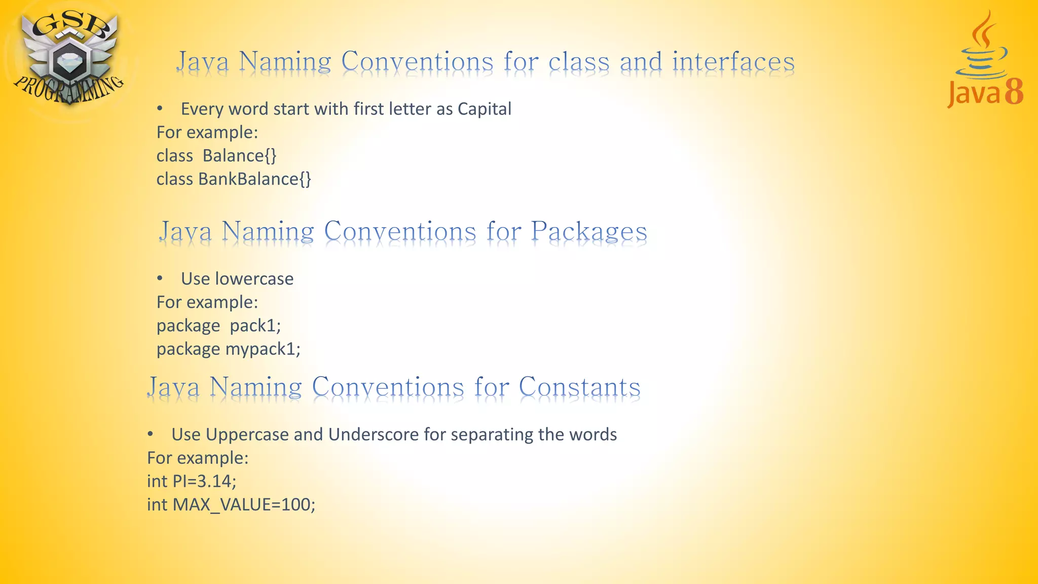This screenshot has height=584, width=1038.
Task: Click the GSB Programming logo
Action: click(68, 58)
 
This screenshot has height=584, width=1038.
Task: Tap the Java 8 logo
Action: click(984, 61)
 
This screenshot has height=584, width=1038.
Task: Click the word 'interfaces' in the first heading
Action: click(733, 62)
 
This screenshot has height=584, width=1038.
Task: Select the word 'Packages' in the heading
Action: click(589, 232)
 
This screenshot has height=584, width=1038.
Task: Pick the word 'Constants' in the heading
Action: click(579, 387)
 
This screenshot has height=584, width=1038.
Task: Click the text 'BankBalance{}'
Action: click(254, 179)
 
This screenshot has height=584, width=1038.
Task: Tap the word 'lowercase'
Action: click(254, 279)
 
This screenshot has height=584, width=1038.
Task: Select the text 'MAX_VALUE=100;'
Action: click(244, 504)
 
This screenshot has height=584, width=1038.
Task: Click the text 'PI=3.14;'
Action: click(204, 481)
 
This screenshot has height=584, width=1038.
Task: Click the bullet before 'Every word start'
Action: click(160, 108)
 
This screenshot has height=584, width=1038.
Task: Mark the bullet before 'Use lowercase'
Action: click(160, 278)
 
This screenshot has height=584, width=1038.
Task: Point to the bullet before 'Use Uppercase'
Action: click(150, 434)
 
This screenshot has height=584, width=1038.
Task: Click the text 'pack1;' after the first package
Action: click(255, 325)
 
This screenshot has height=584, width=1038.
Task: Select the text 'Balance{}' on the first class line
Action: click(239, 156)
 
